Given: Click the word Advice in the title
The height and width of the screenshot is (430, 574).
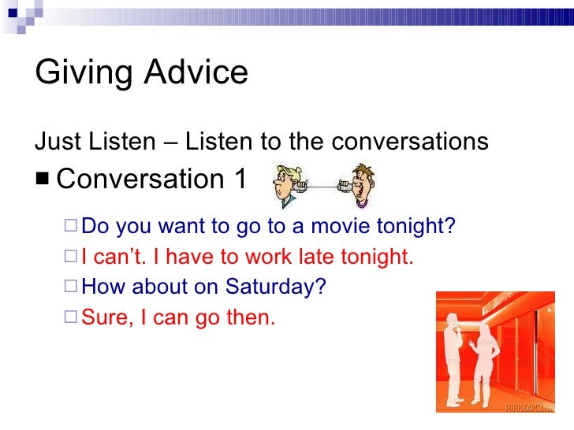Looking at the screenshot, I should coord(198,73).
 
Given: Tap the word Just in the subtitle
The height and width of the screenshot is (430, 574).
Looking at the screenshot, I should coord(58,142).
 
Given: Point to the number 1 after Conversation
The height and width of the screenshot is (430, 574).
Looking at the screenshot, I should coord(238,179).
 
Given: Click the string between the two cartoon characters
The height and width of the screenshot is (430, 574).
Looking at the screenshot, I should coord(322,186).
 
